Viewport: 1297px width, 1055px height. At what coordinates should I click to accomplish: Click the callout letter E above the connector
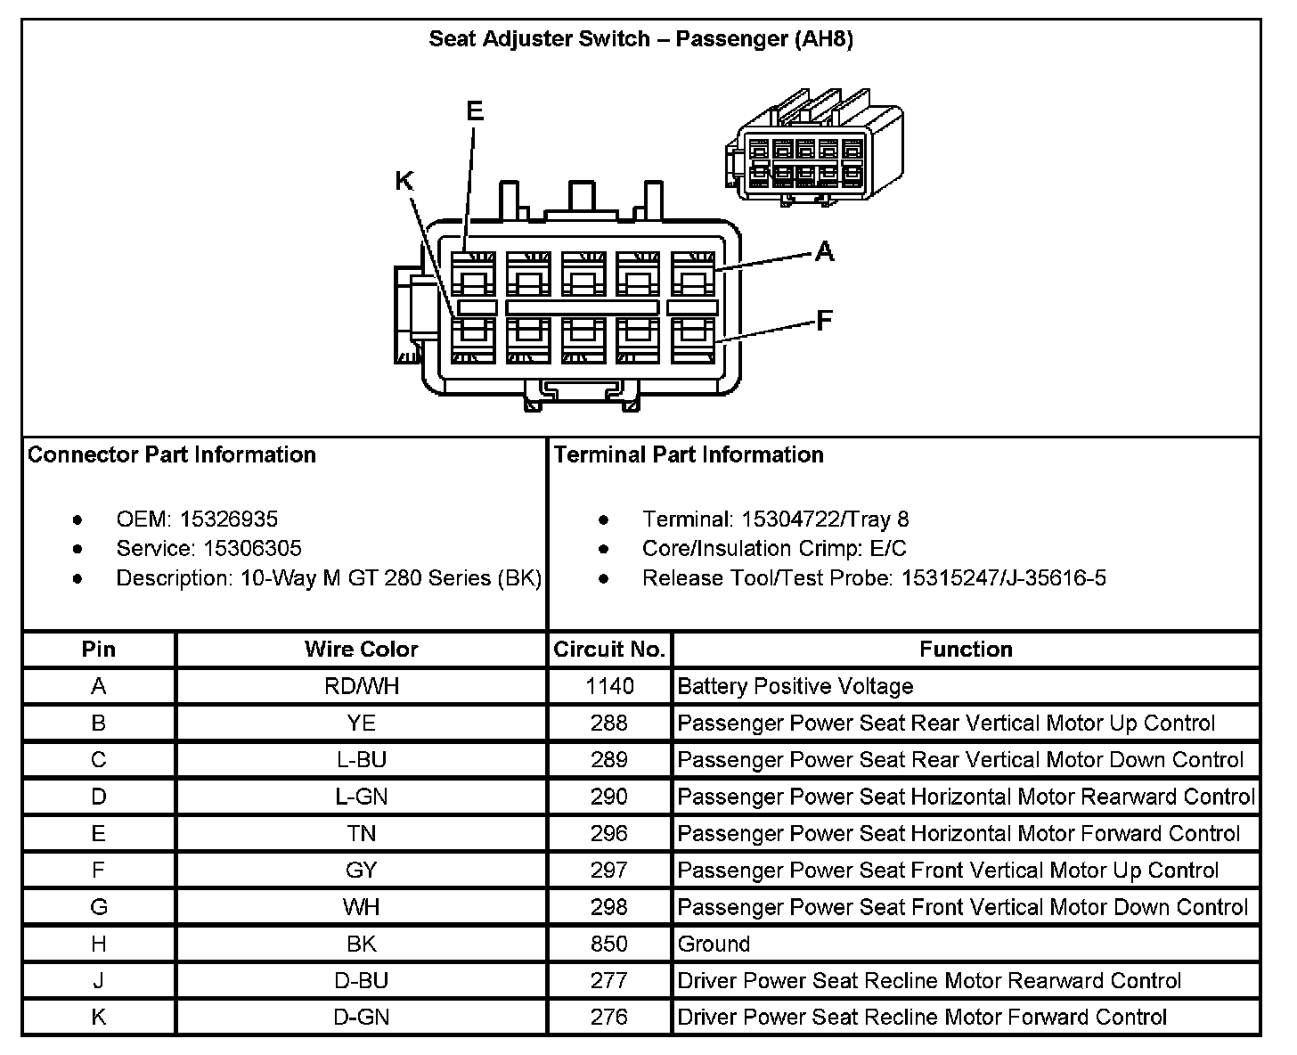[475, 111]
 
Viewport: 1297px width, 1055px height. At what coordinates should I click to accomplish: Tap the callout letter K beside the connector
[404, 182]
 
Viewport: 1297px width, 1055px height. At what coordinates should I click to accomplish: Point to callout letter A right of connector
[825, 252]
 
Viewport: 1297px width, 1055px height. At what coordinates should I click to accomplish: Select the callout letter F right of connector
[825, 321]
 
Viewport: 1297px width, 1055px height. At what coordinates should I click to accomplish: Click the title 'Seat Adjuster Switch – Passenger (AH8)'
[640, 39]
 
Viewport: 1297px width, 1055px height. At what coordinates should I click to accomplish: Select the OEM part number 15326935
[229, 519]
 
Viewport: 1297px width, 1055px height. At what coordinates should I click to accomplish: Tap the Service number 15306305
[252, 549]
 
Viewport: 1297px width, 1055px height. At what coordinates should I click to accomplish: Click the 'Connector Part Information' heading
[172, 455]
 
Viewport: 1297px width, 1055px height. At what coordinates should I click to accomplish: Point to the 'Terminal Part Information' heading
[689, 455]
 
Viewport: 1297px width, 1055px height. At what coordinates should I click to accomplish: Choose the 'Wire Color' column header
[361, 650]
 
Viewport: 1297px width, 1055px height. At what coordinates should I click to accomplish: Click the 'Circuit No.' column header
[609, 650]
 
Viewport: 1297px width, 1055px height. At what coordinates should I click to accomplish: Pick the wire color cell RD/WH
[361, 686]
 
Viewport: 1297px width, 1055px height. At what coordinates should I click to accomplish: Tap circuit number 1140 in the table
[609, 686]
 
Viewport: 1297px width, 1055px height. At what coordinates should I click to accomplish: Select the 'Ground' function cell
[714, 944]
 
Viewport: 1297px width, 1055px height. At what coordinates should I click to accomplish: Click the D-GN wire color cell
[361, 1017]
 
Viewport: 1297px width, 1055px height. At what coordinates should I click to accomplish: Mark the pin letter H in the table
[98, 944]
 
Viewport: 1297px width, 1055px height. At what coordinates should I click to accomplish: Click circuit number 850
[609, 944]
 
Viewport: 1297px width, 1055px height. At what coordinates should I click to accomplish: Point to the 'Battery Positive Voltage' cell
[795, 686]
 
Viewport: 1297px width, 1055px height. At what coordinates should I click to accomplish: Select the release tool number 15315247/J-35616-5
[1003, 578]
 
